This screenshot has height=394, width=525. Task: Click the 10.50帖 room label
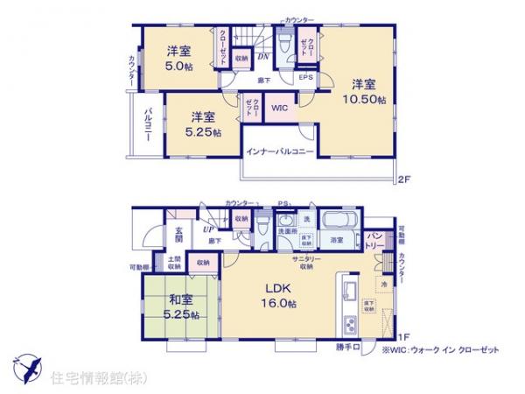(364, 92)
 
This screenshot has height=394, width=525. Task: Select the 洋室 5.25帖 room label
(203, 123)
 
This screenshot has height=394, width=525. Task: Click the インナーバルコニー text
(279, 151)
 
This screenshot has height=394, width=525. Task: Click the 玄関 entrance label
(178, 233)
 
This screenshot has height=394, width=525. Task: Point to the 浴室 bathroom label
(337, 238)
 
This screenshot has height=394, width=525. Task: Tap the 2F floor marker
(403, 181)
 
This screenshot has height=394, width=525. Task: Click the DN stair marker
(262, 57)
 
